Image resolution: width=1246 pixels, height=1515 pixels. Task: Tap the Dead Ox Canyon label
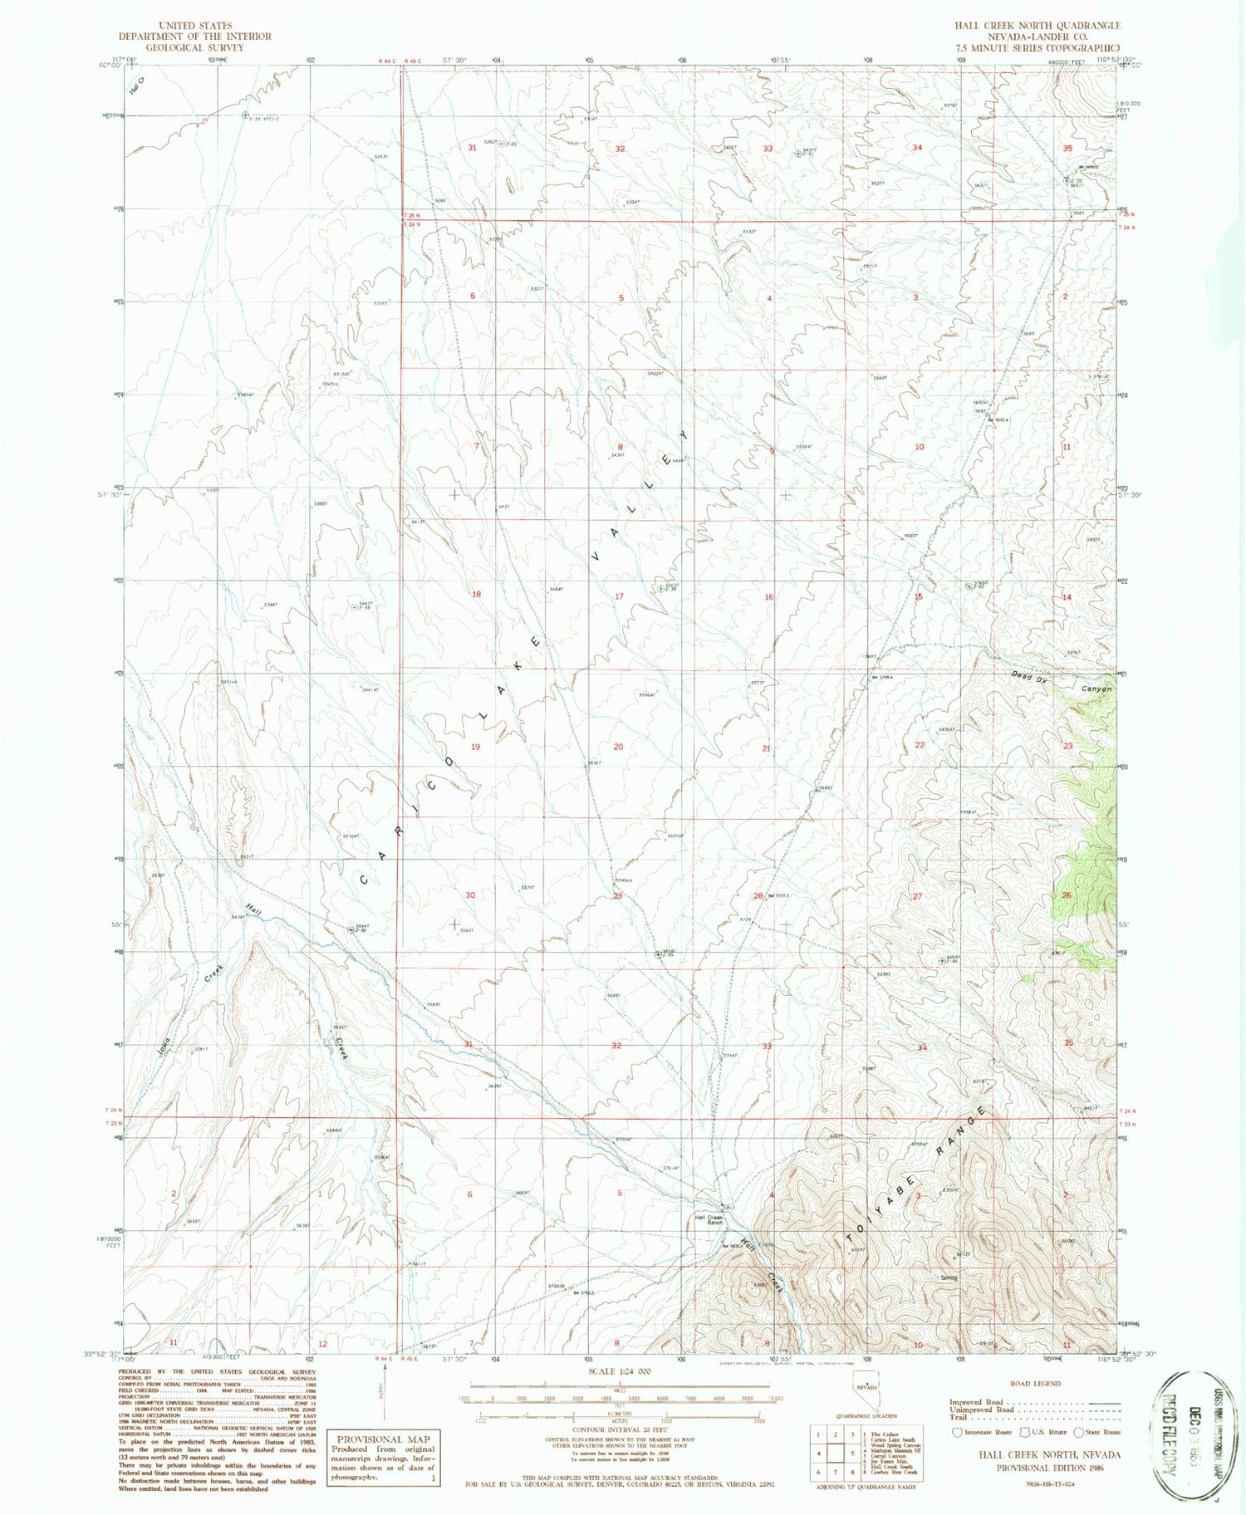[1061, 683]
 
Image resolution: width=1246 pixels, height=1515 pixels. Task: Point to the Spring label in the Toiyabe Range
[949, 1277]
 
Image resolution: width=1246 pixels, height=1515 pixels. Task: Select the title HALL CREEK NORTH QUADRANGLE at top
[1037, 26]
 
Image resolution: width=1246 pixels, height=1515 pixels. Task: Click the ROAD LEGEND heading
[1035, 1384]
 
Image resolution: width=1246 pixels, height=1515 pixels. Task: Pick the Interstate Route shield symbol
[957, 1432]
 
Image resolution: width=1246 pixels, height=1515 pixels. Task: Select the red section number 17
[619, 596]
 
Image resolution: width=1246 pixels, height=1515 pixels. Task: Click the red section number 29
[617, 895]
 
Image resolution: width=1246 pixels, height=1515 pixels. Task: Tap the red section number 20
[618, 747]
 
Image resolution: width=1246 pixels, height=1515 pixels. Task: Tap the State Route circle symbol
[1079, 1432]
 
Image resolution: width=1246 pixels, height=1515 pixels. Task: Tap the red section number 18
[476, 594]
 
